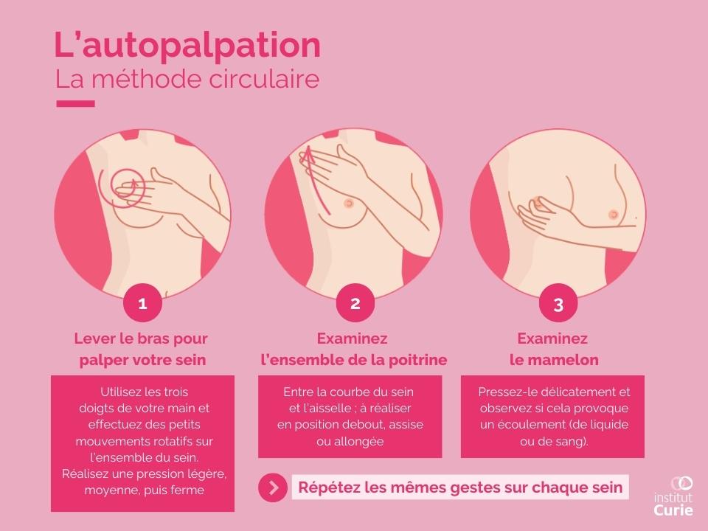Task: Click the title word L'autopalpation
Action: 187,46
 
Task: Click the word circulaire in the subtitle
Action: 265,80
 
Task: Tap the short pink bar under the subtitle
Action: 75,104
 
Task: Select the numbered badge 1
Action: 142,303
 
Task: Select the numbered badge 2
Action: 355,303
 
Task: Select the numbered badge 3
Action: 558,305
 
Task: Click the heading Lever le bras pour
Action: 141,339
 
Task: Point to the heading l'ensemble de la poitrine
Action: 354,361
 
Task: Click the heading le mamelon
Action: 554,361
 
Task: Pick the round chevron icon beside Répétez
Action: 273,487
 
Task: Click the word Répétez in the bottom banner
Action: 327,487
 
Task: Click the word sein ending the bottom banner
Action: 608,487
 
